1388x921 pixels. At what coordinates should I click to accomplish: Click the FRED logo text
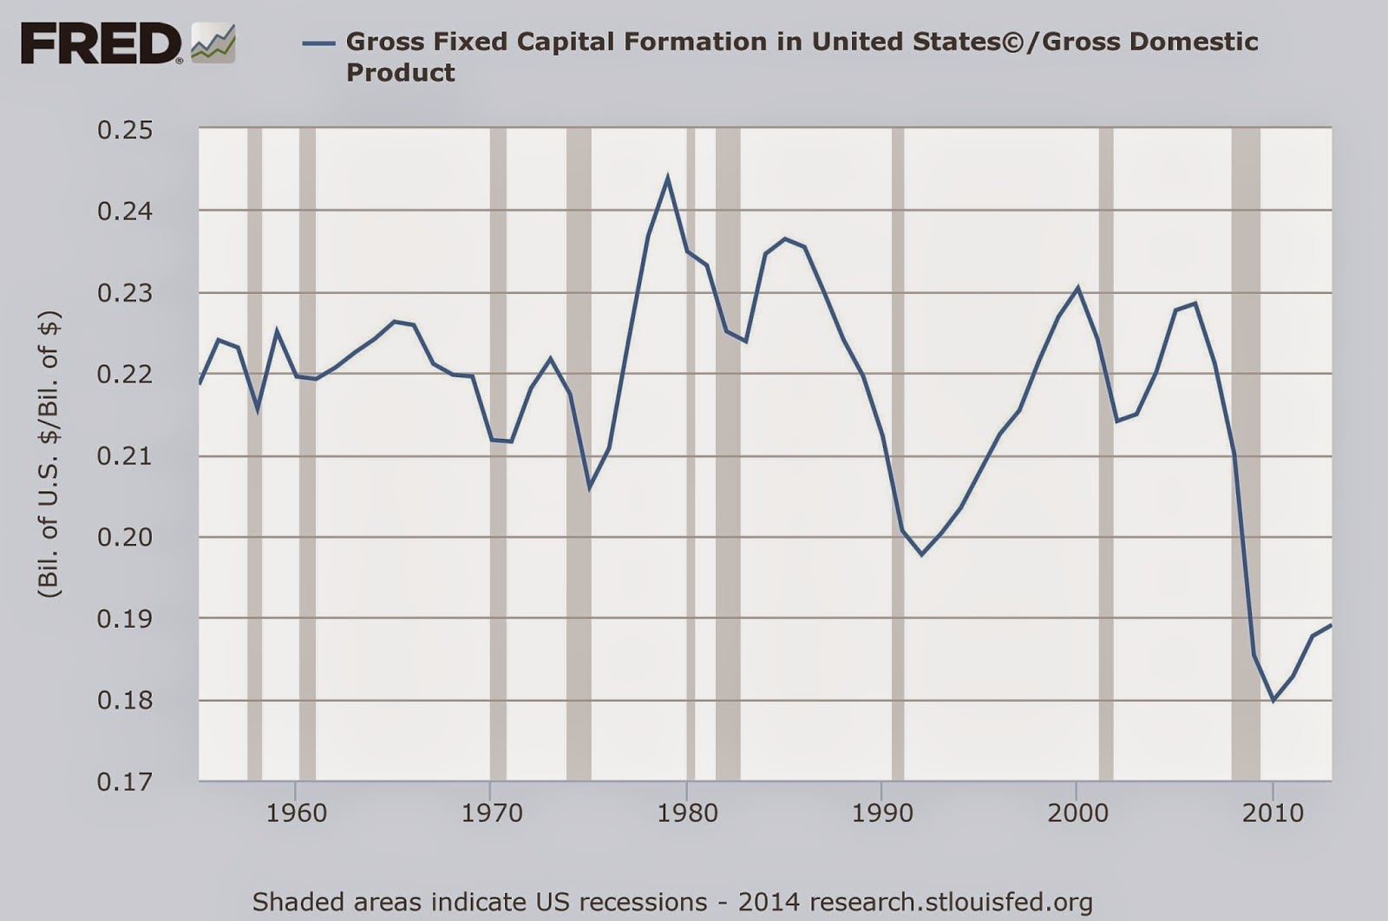pos(101,43)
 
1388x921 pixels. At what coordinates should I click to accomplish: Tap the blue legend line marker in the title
pos(318,42)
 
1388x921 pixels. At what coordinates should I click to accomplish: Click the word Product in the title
pos(400,73)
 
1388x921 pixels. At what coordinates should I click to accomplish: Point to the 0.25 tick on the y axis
pos(125,130)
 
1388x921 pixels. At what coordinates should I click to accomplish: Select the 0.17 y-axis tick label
pos(125,781)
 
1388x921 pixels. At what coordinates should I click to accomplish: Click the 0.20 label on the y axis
pos(125,537)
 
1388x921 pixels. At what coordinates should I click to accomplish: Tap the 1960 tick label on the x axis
pos(296,813)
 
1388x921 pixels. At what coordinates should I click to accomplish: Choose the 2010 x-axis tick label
pos(1273,813)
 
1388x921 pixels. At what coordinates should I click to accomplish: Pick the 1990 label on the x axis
pos(881,813)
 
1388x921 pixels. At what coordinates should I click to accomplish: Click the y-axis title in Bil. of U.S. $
pos(49,454)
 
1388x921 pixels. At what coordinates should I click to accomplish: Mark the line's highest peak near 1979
pos(667,178)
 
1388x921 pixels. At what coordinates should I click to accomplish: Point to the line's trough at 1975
pos(589,488)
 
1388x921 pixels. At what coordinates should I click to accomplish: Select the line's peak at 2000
pos(1077,288)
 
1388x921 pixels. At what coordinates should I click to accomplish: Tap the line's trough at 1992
pos(921,553)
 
